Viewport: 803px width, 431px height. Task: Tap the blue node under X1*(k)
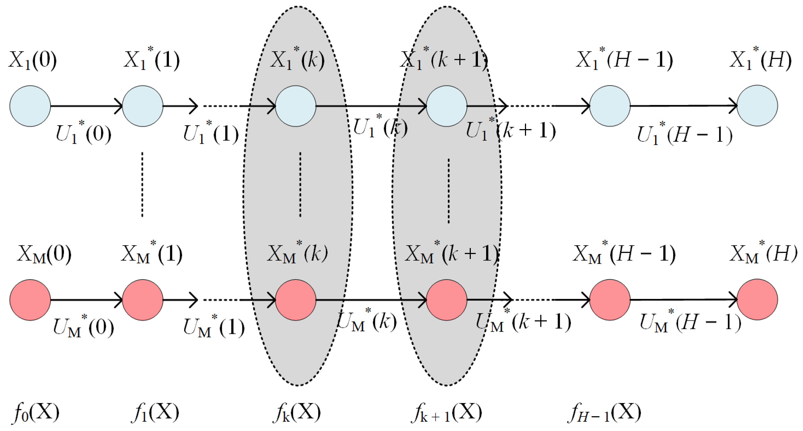click(296, 106)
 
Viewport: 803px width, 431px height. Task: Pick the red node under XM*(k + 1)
click(446, 300)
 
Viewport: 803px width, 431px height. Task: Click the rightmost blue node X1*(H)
click(757, 106)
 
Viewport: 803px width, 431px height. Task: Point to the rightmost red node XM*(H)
click(757, 299)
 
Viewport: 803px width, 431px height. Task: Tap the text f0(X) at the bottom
click(36, 412)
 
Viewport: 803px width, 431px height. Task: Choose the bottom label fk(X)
click(297, 412)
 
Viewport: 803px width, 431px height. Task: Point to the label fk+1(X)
click(446, 412)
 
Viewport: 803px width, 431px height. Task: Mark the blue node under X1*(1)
click(142, 106)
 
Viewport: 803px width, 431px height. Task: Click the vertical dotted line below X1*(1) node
click(142, 184)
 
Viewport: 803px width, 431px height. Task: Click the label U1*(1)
click(211, 133)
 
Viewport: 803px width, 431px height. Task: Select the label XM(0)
click(44, 254)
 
